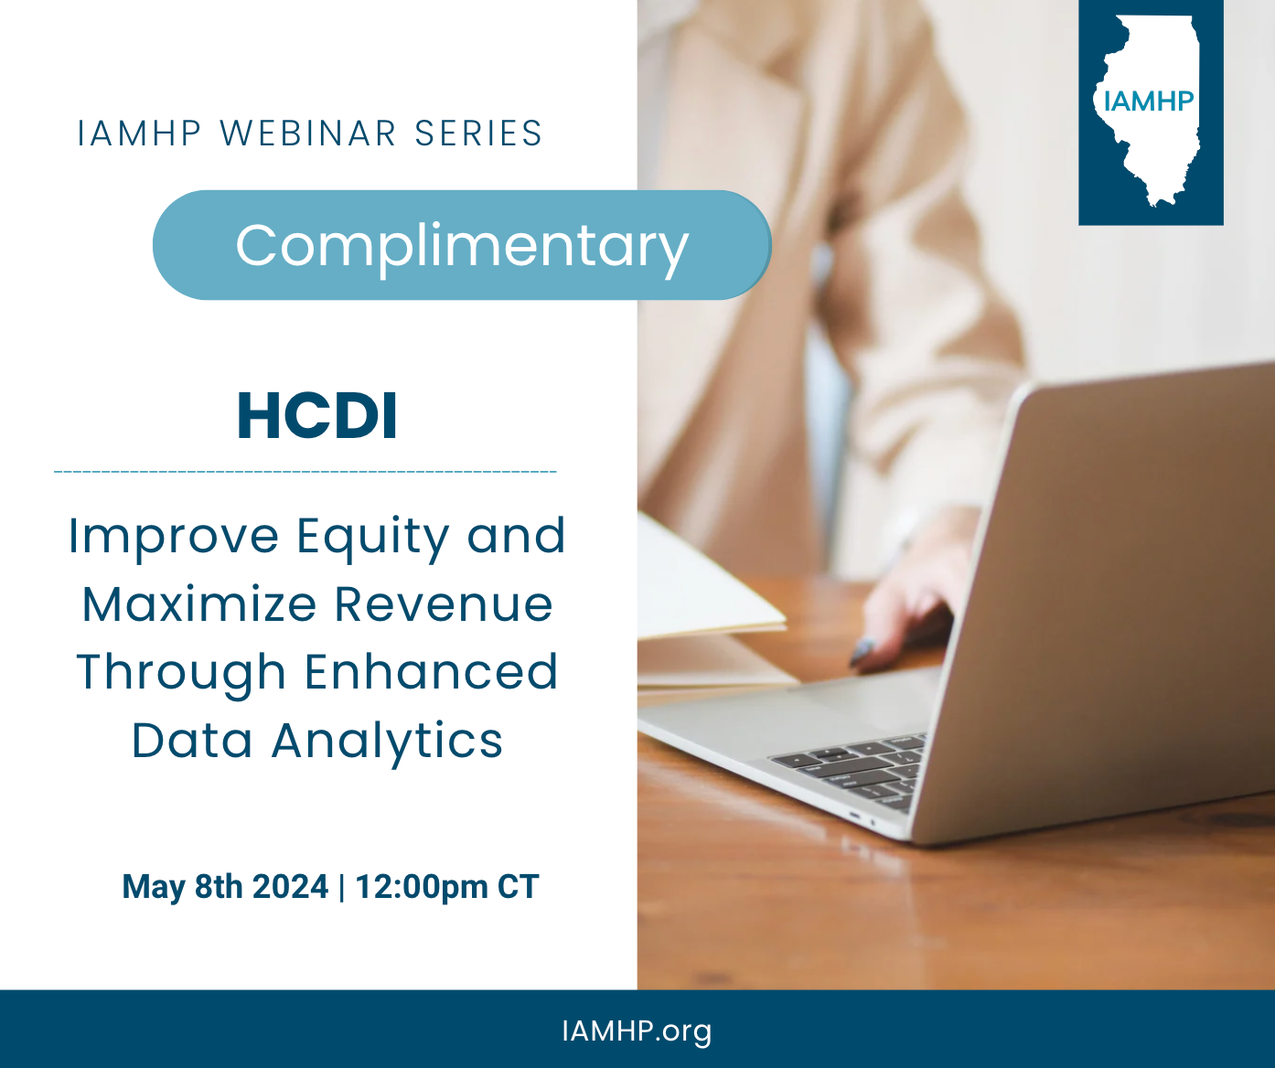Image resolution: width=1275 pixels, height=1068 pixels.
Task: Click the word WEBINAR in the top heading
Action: [x=308, y=133]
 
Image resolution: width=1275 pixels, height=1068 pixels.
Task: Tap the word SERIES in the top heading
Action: [x=478, y=133]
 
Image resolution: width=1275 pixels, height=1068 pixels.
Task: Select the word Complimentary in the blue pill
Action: [x=462, y=247]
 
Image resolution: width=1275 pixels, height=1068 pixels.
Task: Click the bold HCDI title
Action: [x=317, y=416]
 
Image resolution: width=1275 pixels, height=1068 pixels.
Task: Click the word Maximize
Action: [x=199, y=603]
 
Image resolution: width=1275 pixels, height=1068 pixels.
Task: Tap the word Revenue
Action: [x=444, y=604]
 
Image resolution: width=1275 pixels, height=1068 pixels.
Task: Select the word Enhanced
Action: [x=431, y=672]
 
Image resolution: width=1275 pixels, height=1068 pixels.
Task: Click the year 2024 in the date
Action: [x=290, y=887]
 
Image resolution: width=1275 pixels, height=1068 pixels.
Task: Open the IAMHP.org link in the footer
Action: [x=637, y=1031]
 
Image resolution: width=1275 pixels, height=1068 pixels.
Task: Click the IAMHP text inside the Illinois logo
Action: [x=1149, y=101]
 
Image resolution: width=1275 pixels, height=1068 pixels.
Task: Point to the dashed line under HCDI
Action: [x=305, y=472]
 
